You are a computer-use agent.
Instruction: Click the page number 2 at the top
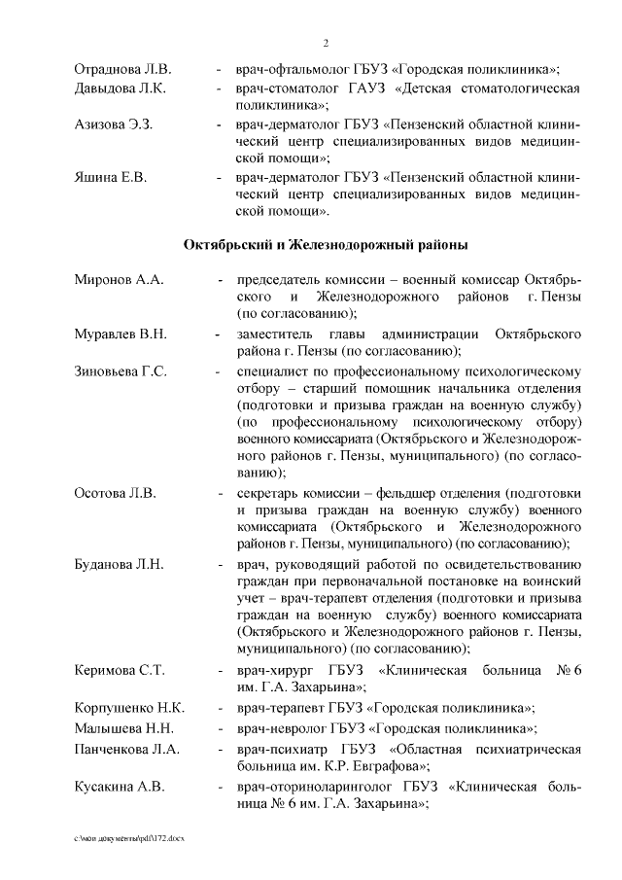pyautogui.click(x=326, y=43)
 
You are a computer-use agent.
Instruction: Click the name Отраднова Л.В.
pyautogui.click(x=122, y=70)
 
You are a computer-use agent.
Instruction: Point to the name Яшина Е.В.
pyautogui.click(x=110, y=178)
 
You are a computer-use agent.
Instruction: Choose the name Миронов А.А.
pyautogui.click(x=119, y=280)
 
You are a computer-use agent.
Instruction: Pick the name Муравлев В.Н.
pyautogui.click(x=121, y=334)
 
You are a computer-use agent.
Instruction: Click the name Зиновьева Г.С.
pyautogui.click(x=121, y=371)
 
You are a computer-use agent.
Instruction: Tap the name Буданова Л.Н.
pyautogui.click(x=119, y=565)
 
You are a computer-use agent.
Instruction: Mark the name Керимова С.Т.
pyautogui.click(x=120, y=672)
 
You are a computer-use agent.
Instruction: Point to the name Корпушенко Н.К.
pyautogui.click(x=129, y=708)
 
